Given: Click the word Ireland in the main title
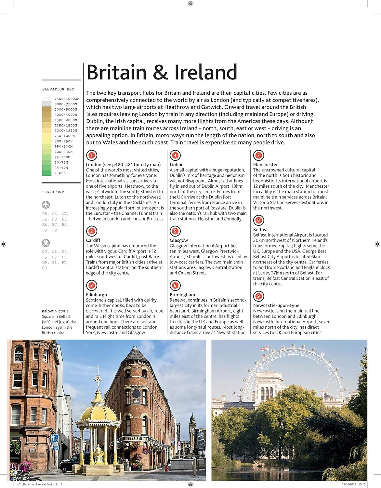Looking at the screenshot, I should click(205, 72).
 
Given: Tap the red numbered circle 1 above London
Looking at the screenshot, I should click(92, 156).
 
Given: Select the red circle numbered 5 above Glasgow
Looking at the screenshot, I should click(175, 231).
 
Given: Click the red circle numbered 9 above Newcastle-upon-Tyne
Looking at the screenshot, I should click(258, 296).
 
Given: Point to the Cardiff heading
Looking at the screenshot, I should click(93, 240).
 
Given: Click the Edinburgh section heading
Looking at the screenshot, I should click(96, 295).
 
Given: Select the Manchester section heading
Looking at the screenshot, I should click(265, 165).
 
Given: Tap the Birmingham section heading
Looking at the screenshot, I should click(182, 295).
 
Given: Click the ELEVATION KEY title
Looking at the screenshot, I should click(58, 89).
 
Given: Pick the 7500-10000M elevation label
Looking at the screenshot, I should click(67, 99).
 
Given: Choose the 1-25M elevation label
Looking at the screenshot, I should click(60, 173).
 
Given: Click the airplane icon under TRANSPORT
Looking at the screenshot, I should click(46, 205).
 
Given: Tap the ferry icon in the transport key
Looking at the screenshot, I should click(46, 243).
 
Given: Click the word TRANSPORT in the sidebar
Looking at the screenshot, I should click(53, 192).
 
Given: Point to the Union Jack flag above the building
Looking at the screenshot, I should click(265, 349).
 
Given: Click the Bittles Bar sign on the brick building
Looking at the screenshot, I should click(137, 439).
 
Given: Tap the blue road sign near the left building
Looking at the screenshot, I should click(55, 439).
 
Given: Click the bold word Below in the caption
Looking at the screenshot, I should click(47, 311).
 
